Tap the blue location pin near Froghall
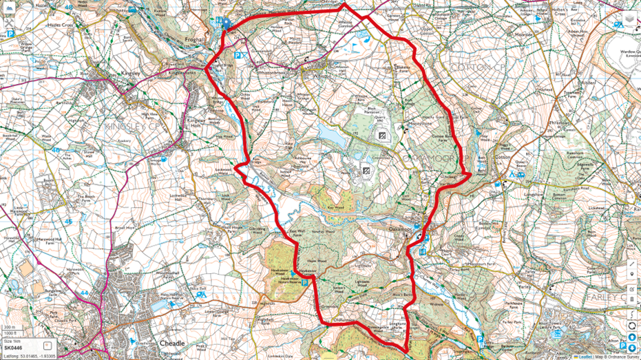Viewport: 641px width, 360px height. (225, 23)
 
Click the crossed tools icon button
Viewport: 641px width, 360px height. (9, 20)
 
